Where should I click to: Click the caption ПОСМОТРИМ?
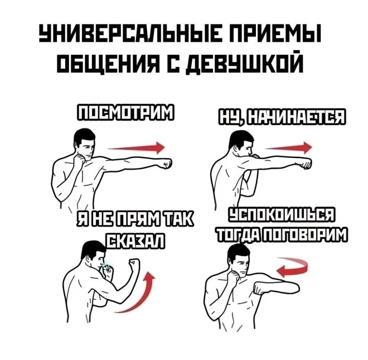(125, 113)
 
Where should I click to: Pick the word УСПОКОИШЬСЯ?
(282, 215)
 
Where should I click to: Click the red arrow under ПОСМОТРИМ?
(136, 148)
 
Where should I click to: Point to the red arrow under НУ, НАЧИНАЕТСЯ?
(289, 148)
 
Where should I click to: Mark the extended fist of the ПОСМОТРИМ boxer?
(165, 164)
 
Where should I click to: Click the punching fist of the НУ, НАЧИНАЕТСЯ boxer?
(304, 163)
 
